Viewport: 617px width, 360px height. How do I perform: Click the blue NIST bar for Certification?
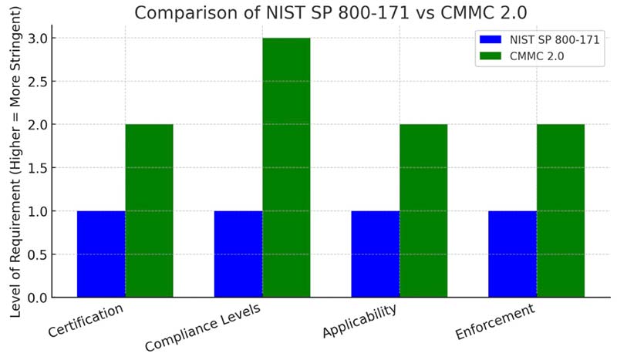101,254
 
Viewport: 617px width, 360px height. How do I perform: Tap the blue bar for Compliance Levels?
238,254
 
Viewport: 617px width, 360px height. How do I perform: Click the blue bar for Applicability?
376,254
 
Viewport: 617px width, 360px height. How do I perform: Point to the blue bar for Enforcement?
513,254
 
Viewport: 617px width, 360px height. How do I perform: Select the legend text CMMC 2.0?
531,56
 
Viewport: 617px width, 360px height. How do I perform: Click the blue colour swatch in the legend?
491,39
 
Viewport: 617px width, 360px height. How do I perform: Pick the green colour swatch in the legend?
491,56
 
